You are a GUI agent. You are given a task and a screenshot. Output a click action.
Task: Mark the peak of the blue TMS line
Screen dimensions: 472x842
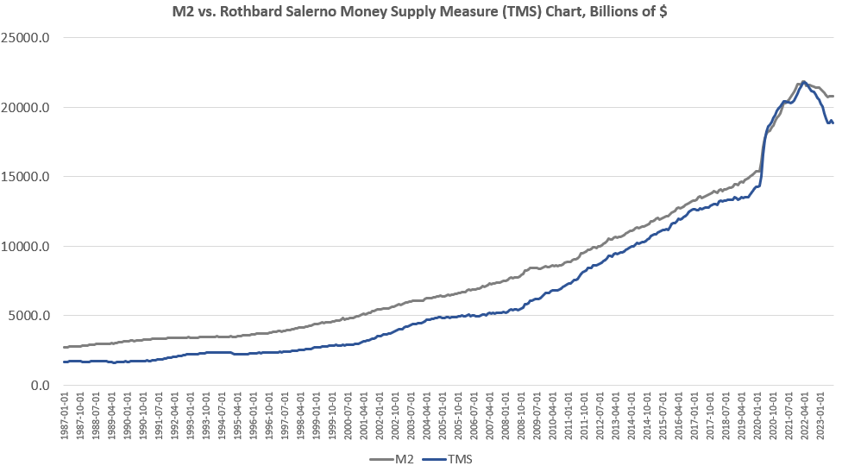click(x=804, y=82)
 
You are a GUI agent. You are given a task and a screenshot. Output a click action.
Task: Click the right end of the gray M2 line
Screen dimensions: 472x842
click(x=833, y=96)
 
